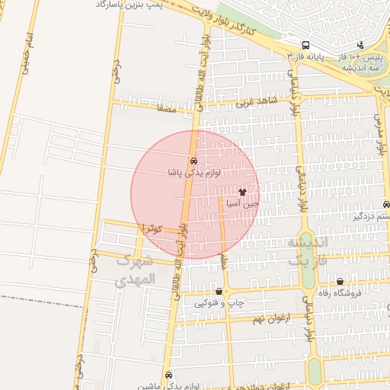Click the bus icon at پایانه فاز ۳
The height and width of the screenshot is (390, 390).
305,45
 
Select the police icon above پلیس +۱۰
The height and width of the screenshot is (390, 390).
361,45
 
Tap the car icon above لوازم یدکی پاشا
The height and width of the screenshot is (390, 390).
194,161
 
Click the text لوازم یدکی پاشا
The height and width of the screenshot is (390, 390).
194,173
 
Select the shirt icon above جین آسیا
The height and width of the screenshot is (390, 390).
243,193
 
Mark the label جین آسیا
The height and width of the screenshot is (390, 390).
243,204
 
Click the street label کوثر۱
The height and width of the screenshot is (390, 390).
149,227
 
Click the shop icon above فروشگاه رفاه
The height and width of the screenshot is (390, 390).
340,281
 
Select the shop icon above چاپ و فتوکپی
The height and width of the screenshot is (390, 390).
219,291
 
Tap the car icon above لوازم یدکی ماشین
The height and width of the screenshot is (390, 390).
168,374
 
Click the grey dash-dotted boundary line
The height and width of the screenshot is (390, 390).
38,297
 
